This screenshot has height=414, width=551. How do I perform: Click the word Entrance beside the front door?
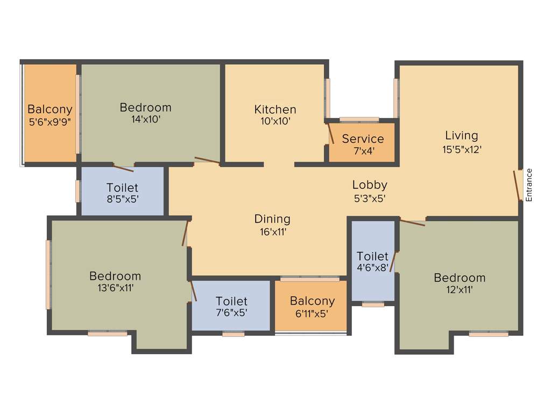(528, 185)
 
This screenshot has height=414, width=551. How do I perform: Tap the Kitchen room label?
(275, 109)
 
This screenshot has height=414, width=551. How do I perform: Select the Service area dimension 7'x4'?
(363, 151)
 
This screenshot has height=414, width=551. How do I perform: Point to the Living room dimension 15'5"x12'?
(461, 149)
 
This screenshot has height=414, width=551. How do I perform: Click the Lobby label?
(370, 185)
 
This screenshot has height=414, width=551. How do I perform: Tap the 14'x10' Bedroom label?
(145, 107)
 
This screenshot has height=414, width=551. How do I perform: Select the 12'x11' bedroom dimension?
(459, 289)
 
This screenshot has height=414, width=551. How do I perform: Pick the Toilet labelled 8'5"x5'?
(122, 188)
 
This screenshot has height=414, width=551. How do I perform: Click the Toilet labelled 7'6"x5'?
(231, 301)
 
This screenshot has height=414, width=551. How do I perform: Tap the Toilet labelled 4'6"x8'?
(372, 256)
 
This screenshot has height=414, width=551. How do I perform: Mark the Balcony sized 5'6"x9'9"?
(50, 109)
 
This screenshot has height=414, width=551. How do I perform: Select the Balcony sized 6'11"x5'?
(312, 301)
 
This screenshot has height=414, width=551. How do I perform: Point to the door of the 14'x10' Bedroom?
(207, 160)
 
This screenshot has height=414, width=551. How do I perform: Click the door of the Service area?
(331, 133)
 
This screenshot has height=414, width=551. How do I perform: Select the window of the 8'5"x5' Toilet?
(78, 191)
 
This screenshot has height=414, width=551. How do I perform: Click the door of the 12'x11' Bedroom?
(413, 222)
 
